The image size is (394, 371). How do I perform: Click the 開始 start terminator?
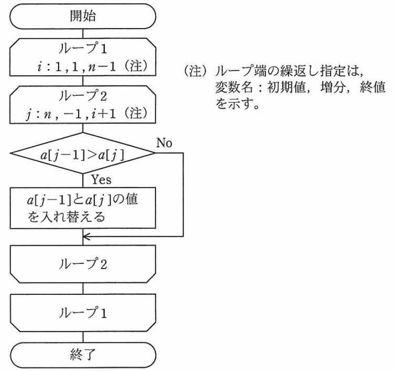pos(83,16)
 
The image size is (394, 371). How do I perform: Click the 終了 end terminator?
pos(83,355)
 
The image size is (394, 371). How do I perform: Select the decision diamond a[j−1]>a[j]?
pos(83,153)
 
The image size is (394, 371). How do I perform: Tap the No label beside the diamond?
pos(164,143)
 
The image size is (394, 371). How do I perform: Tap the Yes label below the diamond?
pos(101,180)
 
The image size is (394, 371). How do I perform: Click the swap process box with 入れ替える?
pos(83,208)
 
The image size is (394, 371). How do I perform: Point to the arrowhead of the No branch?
pos(85,237)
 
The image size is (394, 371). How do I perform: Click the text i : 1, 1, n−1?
pos(76,67)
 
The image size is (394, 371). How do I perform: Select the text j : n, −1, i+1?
pos(70,114)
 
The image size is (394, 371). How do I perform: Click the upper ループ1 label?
pos(83,48)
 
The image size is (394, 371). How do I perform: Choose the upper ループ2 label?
pos(83,96)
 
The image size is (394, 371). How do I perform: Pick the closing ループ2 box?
pos(83,264)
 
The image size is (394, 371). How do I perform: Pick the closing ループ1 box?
pos(83,313)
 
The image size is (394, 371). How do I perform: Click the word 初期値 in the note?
pos(286,88)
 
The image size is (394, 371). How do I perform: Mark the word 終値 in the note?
pos(372,88)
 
